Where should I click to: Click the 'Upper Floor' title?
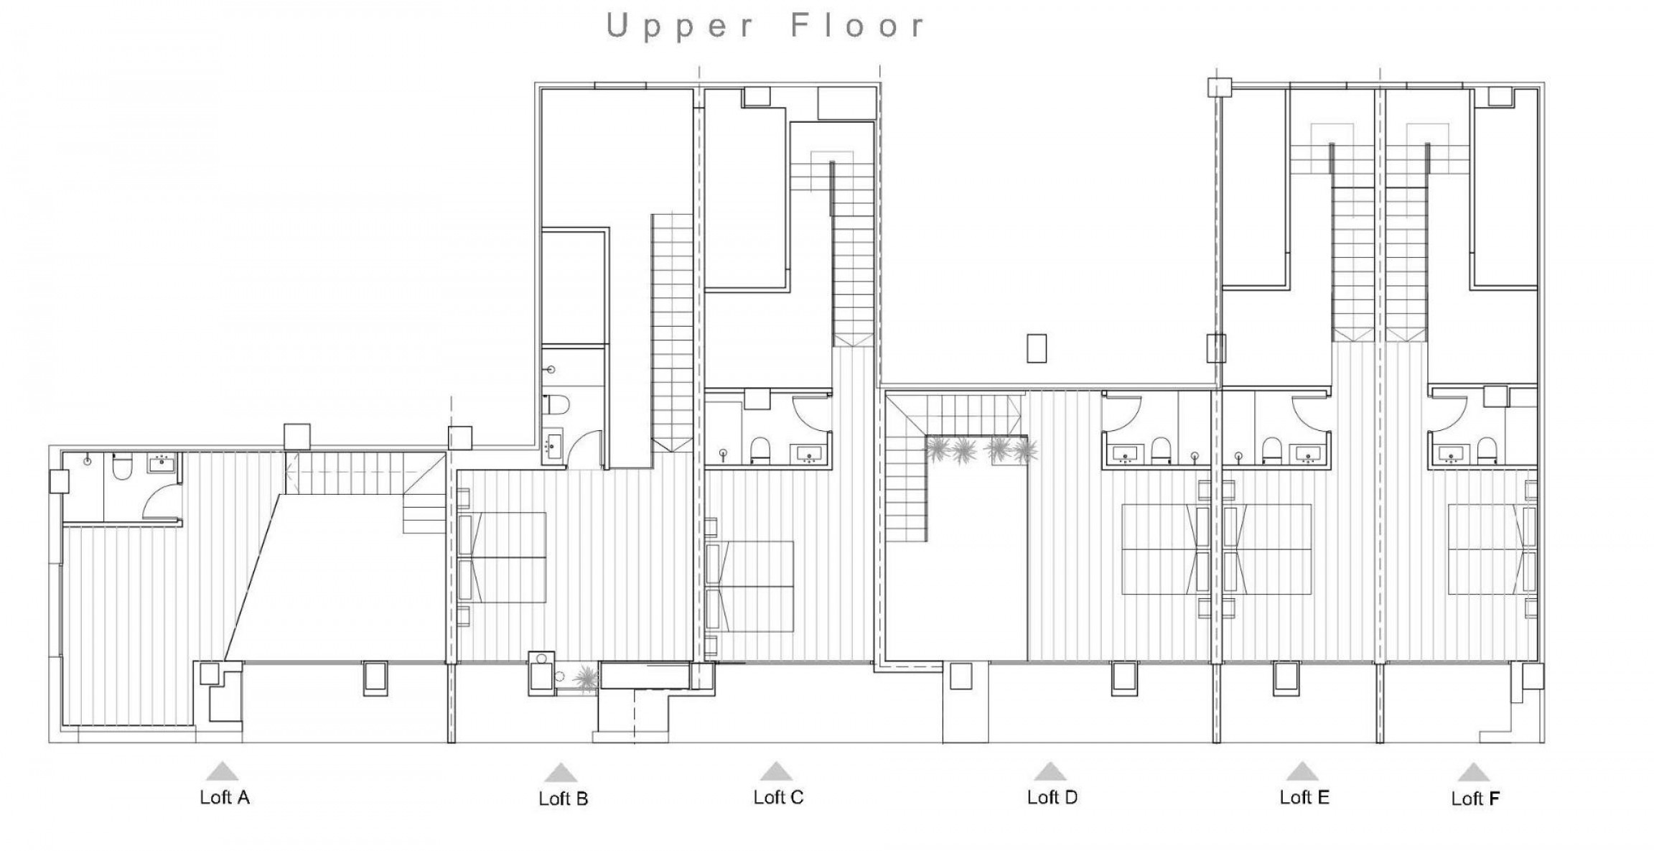765,27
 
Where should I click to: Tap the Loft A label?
225,797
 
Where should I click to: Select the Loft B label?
564,799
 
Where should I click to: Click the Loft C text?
778,797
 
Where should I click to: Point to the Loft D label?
1052,797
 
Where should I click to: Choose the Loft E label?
1304,797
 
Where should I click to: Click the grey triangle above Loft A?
223,771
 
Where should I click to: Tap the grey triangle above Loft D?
1050,772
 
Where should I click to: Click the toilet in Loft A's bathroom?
123,468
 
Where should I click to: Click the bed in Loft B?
503,557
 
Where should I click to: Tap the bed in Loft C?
751,587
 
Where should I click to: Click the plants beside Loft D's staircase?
981,450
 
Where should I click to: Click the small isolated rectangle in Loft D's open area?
1037,348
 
